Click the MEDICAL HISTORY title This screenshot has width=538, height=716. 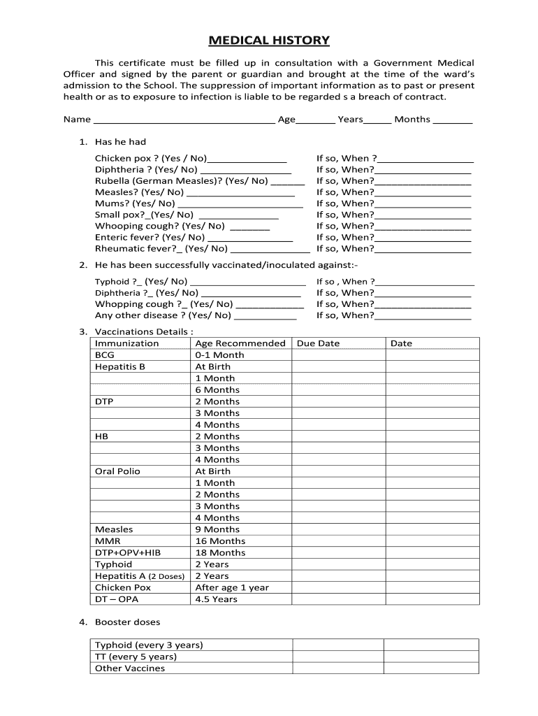point(270,41)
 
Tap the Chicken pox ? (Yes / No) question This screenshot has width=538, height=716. point(151,159)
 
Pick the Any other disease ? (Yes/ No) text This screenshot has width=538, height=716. point(163,315)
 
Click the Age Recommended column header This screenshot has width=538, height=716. point(240,343)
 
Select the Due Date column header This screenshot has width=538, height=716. point(318,343)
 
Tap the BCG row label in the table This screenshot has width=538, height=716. point(105,355)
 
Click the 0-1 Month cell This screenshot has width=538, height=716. point(219,355)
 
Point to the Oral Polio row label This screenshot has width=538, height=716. point(117,471)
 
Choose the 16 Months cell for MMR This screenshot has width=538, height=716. point(220,541)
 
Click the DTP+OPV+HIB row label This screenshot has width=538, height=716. point(127,552)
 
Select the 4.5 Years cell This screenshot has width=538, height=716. point(216,599)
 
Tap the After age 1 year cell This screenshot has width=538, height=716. point(231,587)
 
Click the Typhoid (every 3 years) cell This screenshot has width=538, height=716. point(149,645)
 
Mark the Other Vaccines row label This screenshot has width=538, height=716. point(130,668)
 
